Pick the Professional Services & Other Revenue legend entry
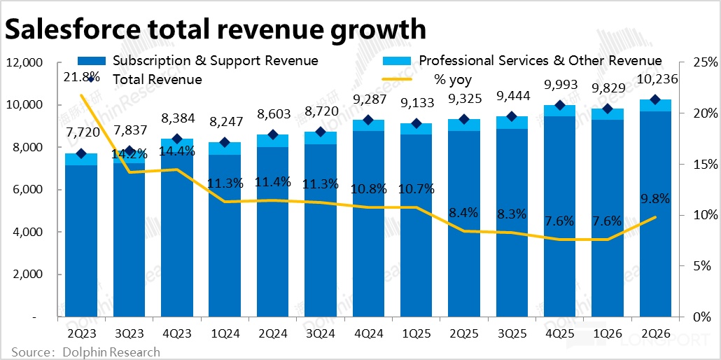540,61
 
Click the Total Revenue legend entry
157,79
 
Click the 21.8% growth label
81,76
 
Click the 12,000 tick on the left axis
24,63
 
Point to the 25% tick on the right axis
704,63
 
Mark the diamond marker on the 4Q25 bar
560,106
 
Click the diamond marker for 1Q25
416,124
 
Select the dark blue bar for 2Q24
272,231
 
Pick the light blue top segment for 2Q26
655,106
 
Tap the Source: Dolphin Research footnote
85,352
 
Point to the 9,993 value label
560,85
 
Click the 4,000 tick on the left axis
27,232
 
